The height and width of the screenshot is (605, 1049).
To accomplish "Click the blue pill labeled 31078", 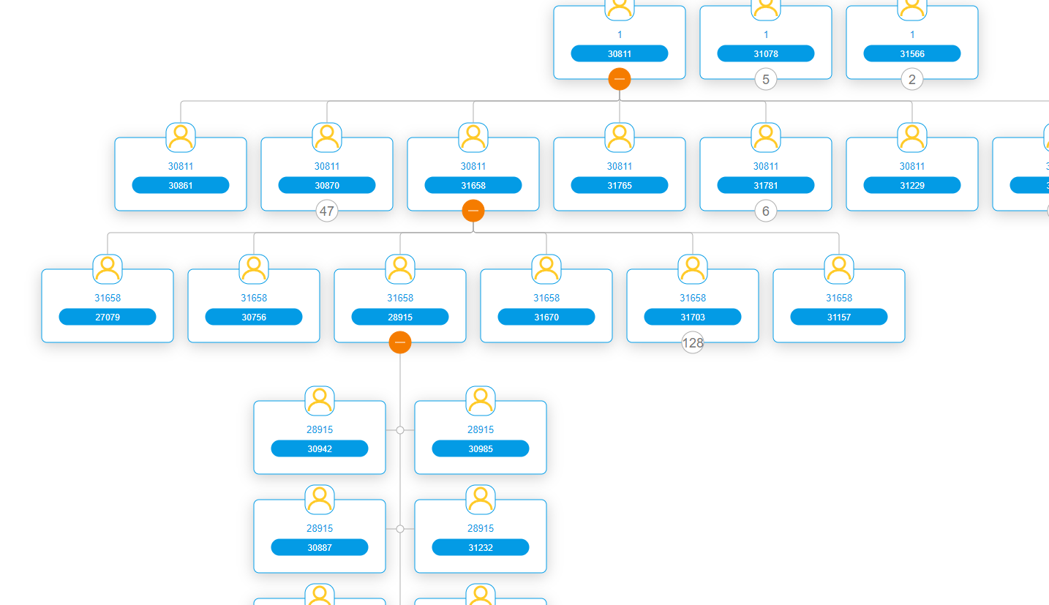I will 765,53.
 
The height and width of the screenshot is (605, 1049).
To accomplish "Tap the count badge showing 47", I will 327,211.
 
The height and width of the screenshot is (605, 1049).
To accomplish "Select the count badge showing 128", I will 693,342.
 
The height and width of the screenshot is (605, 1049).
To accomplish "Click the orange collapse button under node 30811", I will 620,79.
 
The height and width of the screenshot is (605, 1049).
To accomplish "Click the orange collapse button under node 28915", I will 400,342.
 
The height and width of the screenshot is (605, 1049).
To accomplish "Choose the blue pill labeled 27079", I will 108,317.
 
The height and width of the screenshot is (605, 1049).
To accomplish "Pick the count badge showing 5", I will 766,80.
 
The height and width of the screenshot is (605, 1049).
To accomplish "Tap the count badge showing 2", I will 912,80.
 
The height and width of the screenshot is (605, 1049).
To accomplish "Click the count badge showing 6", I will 766,211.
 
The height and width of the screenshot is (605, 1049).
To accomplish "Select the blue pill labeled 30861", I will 181,185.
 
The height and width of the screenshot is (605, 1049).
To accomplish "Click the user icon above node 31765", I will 620,137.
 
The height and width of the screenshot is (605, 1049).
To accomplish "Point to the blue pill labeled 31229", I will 912,185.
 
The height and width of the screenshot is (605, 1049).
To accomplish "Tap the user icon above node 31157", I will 839,268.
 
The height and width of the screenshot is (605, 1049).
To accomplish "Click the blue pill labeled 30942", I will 320,448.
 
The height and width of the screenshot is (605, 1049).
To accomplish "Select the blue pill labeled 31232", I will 481,547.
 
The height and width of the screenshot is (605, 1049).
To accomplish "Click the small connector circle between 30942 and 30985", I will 400,430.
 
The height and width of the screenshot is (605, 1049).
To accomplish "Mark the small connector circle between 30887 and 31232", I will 400,529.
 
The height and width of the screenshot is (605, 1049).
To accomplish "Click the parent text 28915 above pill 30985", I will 481,429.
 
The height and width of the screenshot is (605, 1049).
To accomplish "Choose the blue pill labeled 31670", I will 546,317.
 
